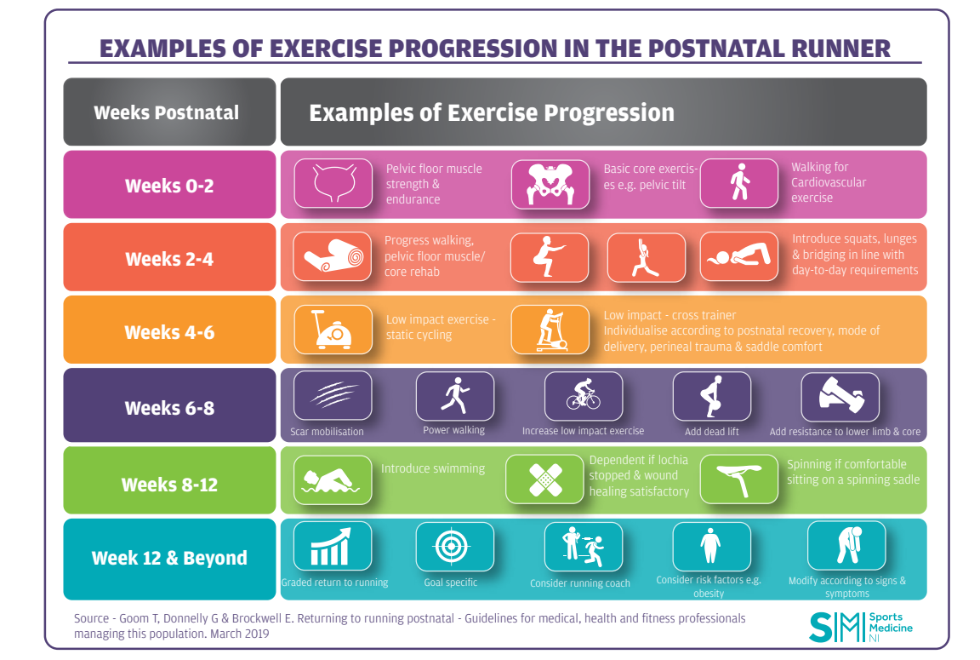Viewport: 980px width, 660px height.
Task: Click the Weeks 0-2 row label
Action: (169, 185)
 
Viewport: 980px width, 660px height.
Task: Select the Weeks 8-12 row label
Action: (169, 485)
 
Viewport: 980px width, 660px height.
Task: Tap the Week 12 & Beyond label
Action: (169, 558)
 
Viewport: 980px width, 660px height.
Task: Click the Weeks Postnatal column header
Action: (167, 112)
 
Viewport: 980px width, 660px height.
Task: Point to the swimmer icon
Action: (333, 480)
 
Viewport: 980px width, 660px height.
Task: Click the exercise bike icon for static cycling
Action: (333, 330)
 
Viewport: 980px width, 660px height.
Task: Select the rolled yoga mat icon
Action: (333, 256)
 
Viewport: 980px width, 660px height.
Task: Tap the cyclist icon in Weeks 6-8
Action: (584, 396)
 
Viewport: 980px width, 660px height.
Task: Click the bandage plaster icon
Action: (544, 480)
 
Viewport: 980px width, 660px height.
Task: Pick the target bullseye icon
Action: (454, 546)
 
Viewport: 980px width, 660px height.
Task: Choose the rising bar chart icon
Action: (333, 546)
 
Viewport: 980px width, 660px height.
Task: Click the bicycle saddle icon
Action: (738, 480)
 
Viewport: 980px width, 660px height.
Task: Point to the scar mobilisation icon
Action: (333, 396)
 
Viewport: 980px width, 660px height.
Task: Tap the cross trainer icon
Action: (550, 330)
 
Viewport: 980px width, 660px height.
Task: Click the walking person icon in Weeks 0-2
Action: (738, 183)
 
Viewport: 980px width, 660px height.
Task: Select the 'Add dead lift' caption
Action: (711, 431)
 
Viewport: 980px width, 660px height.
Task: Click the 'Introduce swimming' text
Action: (433, 468)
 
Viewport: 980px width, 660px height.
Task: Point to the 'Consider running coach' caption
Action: (580, 583)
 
